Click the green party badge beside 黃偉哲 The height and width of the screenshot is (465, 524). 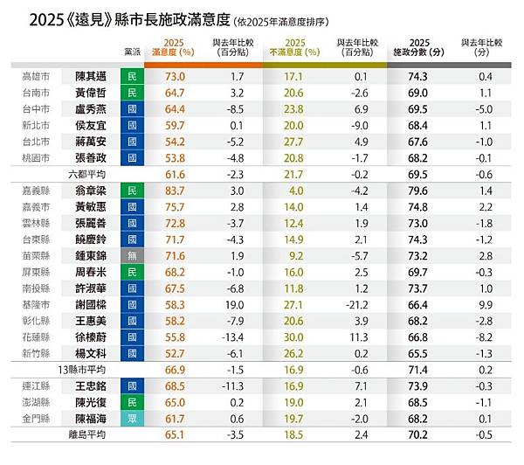click(132, 93)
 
